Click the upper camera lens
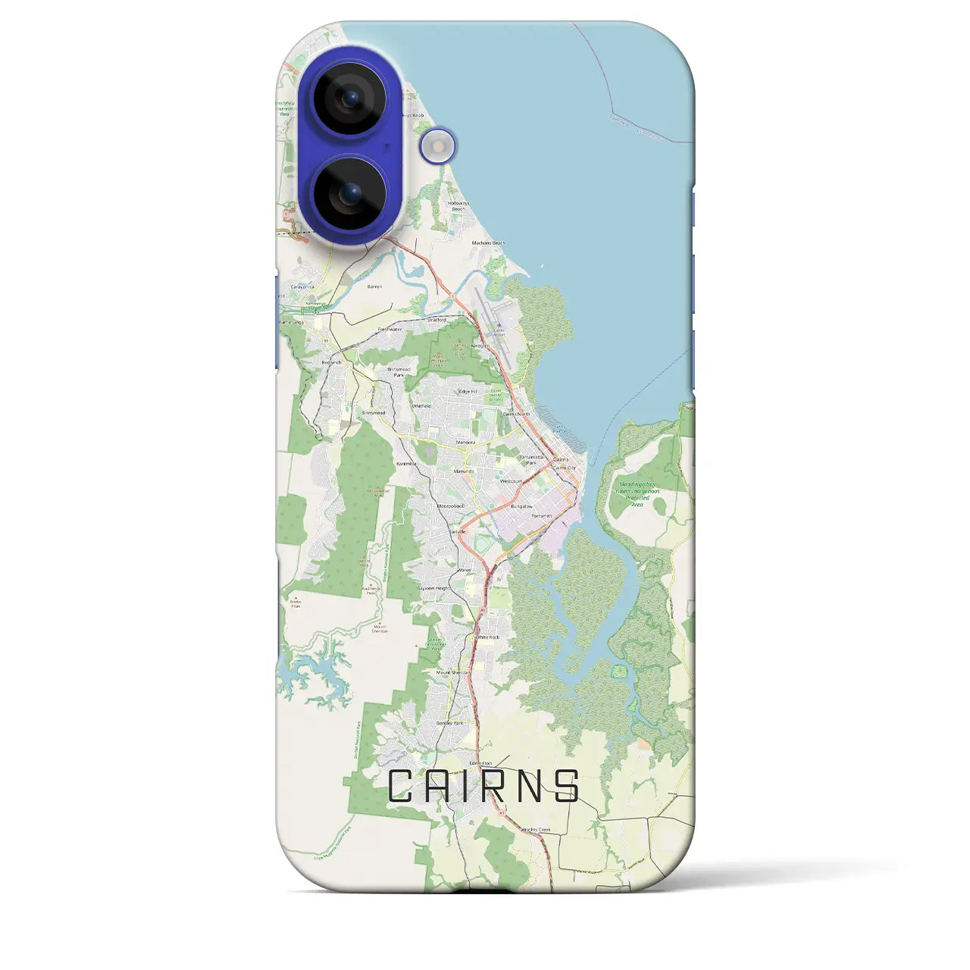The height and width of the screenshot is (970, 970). [x=349, y=98]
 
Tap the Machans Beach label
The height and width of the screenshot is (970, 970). [x=488, y=243]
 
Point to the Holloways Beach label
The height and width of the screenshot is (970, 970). [x=458, y=205]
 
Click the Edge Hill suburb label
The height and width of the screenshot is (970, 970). [x=468, y=391]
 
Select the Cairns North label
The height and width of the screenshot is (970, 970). [x=517, y=415]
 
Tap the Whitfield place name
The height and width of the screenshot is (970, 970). [x=421, y=406]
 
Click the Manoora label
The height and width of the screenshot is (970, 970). [x=465, y=442]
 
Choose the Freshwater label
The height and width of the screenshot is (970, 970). [x=390, y=330]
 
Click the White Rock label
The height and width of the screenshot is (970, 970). [x=488, y=637]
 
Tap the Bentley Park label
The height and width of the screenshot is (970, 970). [x=449, y=723]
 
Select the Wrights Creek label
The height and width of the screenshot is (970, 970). [x=535, y=830]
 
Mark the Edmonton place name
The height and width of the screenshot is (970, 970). [x=480, y=763]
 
